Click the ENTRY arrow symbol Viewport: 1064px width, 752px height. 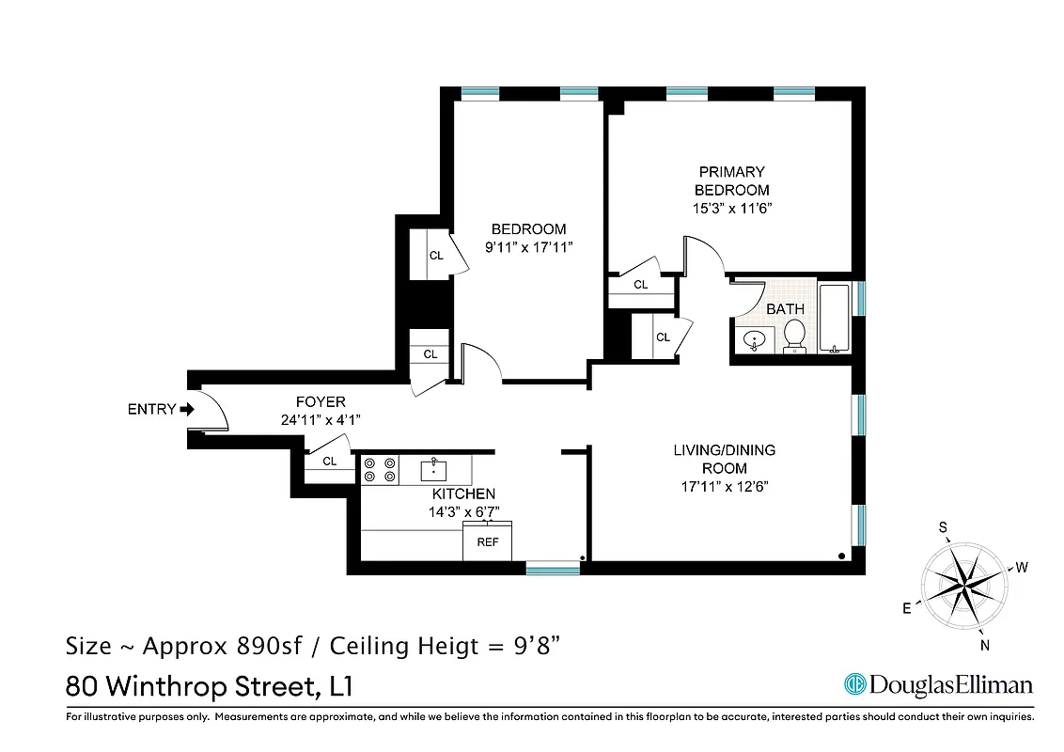[187, 410]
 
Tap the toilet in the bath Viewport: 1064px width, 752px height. [794, 335]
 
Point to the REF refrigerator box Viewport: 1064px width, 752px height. [487, 542]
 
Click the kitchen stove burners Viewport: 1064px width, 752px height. [380, 470]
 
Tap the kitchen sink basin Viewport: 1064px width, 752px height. [434, 469]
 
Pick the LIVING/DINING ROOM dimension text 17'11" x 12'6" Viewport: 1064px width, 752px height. [724, 486]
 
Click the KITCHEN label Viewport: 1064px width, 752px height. [462, 493]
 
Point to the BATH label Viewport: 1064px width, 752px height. [785, 308]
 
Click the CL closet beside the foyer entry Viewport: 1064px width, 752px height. [330, 462]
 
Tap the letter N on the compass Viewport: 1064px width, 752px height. [985, 645]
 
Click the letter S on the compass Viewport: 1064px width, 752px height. [943, 528]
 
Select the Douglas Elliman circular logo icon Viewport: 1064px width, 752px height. [854, 684]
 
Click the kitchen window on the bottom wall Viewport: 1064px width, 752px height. [552, 567]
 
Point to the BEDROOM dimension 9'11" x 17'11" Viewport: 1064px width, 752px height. [528, 247]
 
